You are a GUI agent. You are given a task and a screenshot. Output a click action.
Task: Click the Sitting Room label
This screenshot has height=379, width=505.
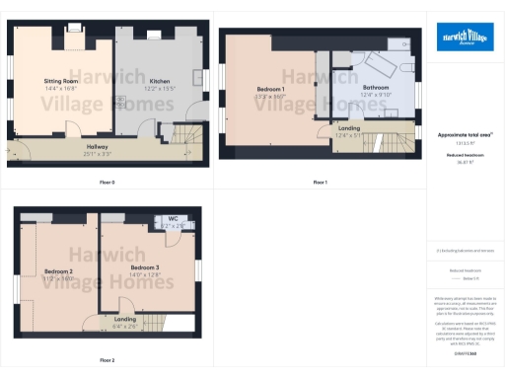point(62,82)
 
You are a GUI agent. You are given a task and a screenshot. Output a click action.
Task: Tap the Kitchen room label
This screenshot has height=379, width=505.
point(160,82)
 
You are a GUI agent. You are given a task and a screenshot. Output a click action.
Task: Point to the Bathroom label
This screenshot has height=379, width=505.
point(377,89)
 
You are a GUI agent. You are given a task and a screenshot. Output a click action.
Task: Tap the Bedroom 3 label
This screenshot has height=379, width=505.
point(144,266)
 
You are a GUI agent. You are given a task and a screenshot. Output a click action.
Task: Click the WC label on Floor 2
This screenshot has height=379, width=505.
point(172,219)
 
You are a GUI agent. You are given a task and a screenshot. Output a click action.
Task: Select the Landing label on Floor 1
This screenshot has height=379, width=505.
point(349,128)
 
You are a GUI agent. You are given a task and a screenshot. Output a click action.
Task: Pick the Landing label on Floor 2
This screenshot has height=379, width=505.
point(125,320)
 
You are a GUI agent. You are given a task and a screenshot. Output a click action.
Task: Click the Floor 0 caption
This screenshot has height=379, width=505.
point(108,183)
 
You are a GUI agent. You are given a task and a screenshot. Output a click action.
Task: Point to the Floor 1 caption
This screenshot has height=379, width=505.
point(321,183)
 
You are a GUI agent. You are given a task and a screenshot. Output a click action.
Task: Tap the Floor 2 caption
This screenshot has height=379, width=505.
point(108,360)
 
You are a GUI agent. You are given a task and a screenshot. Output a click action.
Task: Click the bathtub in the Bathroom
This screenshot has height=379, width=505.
point(380,65)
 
